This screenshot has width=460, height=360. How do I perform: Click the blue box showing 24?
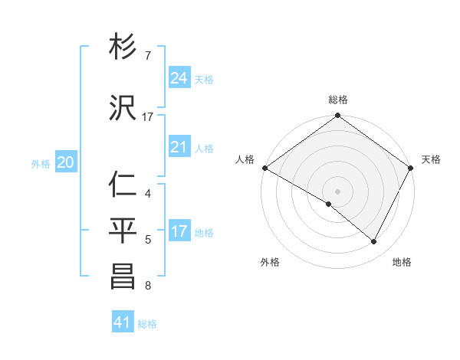click(x=179, y=77)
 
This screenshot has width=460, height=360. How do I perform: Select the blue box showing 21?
click(x=179, y=147)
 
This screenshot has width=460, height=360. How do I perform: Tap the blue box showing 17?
click(x=179, y=231)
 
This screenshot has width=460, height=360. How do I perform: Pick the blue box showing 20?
click(x=66, y=162)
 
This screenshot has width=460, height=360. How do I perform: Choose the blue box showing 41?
click(x=123, y=322)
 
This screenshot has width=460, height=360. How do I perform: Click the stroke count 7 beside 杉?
click(x=148, y=56)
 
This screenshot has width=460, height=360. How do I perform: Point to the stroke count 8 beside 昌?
click(x=147, y=286)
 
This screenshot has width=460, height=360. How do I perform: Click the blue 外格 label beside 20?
click(x=41, y=163)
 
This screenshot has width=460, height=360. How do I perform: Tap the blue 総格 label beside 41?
click(x=148, y=324)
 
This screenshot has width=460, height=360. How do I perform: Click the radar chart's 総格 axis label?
click(x=337, y=100)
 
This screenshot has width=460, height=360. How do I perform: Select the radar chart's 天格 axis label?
click(x=431, y=159)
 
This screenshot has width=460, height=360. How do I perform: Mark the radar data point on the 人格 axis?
click(x=264, y=168)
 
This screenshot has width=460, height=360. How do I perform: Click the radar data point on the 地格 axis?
click(x=374, y=242)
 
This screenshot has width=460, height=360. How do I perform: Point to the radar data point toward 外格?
click(x=329, y=204)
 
